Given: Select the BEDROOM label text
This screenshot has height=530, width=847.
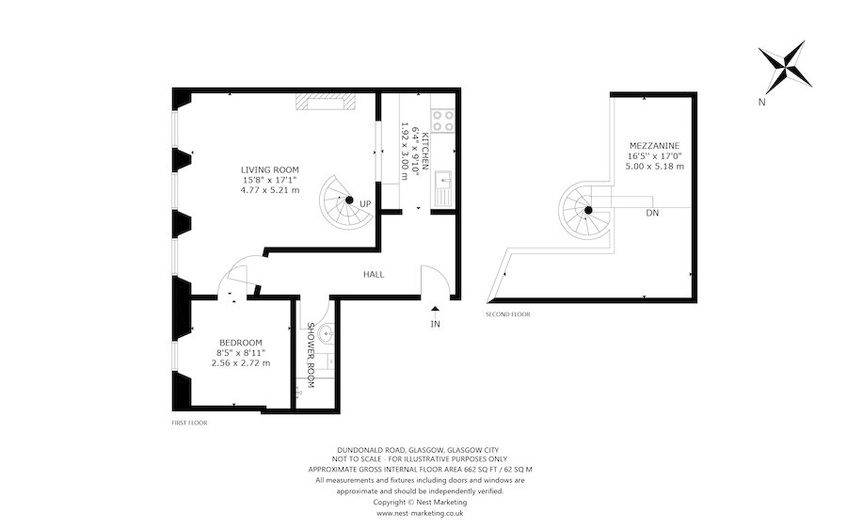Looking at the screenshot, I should (241, 342).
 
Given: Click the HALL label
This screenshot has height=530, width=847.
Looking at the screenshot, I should (374, 275).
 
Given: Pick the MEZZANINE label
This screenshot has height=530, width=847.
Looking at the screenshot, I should (654, 146).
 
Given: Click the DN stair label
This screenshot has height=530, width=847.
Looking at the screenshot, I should (652, 214).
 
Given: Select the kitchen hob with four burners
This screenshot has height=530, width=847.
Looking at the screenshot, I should (441, 120).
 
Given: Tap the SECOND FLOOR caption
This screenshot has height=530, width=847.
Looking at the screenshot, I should (507, 313).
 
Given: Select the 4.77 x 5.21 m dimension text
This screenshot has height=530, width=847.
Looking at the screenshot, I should (269, 190).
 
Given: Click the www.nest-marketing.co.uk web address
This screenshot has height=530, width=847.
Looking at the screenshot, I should (420, 514).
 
